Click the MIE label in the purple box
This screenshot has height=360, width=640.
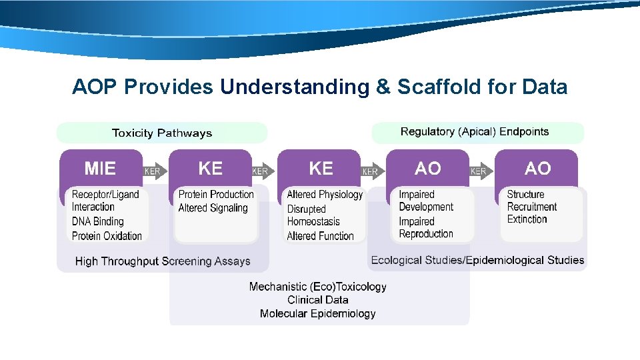click(100, 169)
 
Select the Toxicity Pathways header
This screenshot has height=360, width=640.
click(162, 133)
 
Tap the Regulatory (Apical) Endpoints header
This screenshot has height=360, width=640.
click(475, 131)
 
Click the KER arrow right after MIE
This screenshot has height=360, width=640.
click(153, 171)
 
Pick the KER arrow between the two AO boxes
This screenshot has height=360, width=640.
click(479, 171)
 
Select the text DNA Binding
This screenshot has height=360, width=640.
click(98, 221)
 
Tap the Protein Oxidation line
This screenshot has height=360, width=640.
click(107, 235)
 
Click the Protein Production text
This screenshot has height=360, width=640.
click(216, 194)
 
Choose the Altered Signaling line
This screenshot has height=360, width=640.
click(213, 208)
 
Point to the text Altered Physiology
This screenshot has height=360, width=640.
click(325, 195)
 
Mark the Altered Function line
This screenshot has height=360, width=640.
click(320, 236)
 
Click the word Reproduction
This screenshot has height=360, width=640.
click(426, 234)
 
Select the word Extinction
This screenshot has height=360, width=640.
click(527, 219)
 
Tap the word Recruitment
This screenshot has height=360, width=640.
click(532, 207)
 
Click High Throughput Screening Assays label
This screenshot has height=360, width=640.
click(163, 261)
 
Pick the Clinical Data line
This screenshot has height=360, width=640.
click(318, 300)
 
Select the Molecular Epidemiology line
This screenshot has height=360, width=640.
click(318, 313)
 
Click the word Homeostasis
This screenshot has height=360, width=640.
click(313, 222)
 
